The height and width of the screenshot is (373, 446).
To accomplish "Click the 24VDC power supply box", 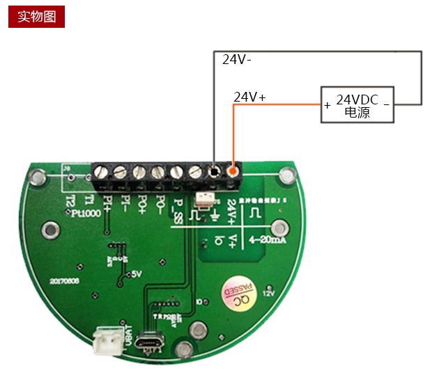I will (357, 105).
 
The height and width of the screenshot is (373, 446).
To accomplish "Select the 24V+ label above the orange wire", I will (249, 97).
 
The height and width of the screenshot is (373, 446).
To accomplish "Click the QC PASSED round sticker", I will (238, 294).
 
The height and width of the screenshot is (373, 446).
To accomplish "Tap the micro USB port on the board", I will (149, 343).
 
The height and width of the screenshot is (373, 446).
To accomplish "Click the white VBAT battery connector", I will (107, 340).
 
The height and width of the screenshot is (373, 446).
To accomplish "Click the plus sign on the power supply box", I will (328, 106).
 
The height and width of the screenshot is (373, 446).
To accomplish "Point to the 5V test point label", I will (136, 274).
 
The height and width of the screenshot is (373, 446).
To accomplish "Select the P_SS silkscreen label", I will (178, 208).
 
